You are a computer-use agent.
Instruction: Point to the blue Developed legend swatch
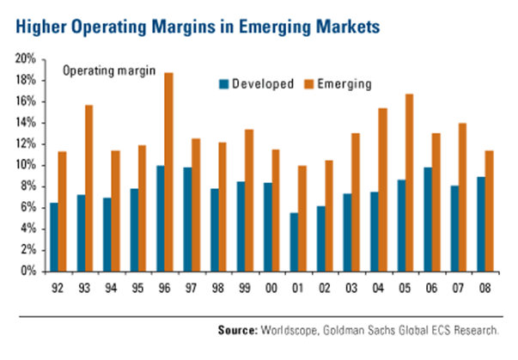[224, 84]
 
